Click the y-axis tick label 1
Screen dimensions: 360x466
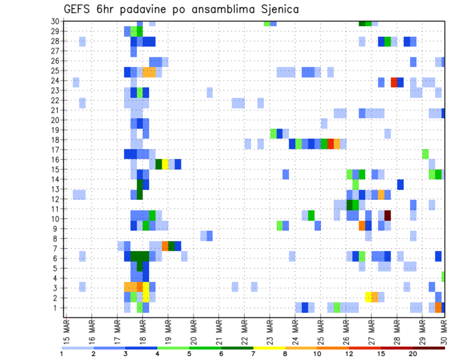point(57,308)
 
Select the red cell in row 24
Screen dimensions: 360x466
point(394,82)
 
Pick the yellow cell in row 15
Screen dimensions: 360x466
point(165,164)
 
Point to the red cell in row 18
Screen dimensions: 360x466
point(331,144)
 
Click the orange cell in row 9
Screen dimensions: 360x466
point(362,226)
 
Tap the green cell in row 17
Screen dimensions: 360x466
point(425,154)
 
